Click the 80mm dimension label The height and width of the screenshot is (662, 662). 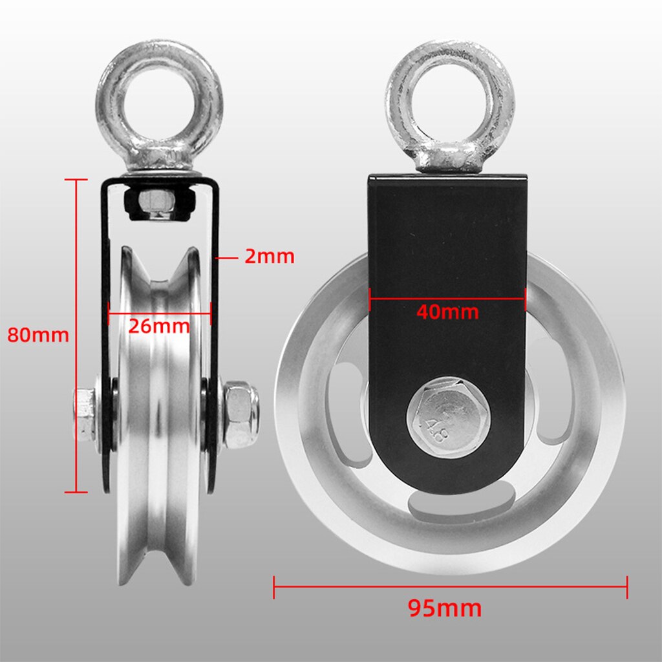(x=37, y=335)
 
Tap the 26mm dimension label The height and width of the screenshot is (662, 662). (x=158, y=325)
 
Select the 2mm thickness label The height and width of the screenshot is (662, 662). (x=269, y=257)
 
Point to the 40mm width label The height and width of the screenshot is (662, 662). (x=447, y=312)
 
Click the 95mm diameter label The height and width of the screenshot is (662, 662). (x=445, y=608)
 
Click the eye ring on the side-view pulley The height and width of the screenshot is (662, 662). (x=159, y=103)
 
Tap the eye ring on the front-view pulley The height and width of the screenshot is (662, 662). (x=450, y=103)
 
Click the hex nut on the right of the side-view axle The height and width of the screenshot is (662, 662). (x=240, y=414)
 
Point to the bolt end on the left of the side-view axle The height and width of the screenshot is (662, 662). (x=84, y=414)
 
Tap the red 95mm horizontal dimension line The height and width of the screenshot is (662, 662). (x=450, y=586)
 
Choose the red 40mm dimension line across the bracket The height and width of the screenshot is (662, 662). (x=447, y=298)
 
